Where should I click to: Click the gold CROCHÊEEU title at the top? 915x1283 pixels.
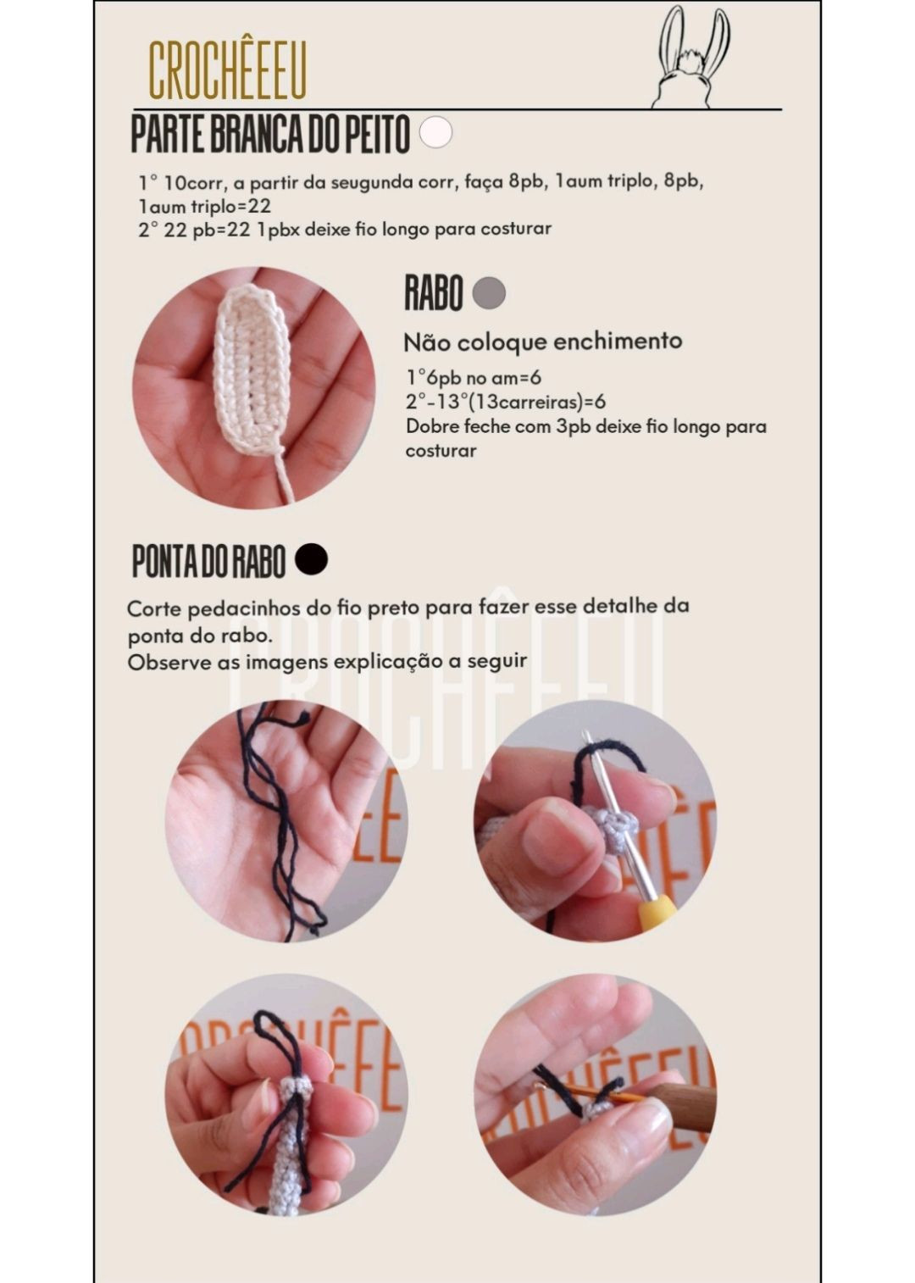(227, 69)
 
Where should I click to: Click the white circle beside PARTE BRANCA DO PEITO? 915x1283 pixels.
(435, 132)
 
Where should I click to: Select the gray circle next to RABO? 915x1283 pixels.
(489, 293)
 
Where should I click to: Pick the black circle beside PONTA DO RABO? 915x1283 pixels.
(311, 559)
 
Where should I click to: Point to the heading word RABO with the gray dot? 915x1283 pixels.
(433, 293)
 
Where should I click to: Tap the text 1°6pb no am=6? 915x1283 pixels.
(474, 378)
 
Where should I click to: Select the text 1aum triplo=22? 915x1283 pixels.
(204, 206)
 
